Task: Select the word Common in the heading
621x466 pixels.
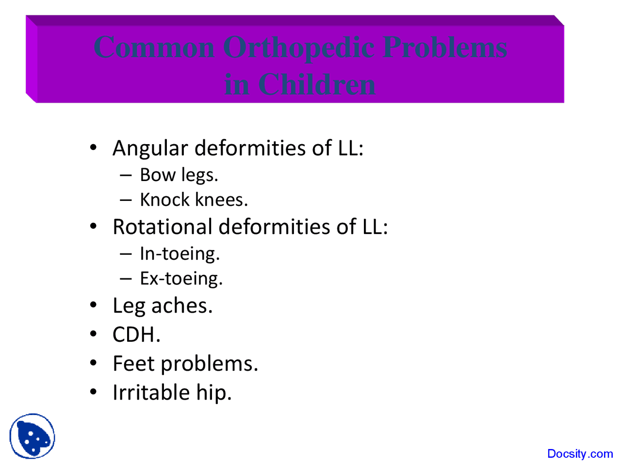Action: (154, 48)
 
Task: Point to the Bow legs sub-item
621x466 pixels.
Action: (179, 175)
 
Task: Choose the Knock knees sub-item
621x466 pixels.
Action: (194, 200)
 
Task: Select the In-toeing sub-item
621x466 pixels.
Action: (180, 254)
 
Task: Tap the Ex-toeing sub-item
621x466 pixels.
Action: (181, 279)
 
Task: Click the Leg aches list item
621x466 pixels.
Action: (163, 306)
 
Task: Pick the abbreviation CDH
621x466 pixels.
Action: (136, 334)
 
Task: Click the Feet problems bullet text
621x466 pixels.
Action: (185, 364)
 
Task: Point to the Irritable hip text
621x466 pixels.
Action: (172, 392)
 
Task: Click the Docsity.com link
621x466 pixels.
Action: (580, 454)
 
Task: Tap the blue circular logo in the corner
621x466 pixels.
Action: (32, 436)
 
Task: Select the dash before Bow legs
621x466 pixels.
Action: (126, 175)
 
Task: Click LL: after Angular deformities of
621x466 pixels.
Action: (350, 148)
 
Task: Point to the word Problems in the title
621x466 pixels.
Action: (445, 48)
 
